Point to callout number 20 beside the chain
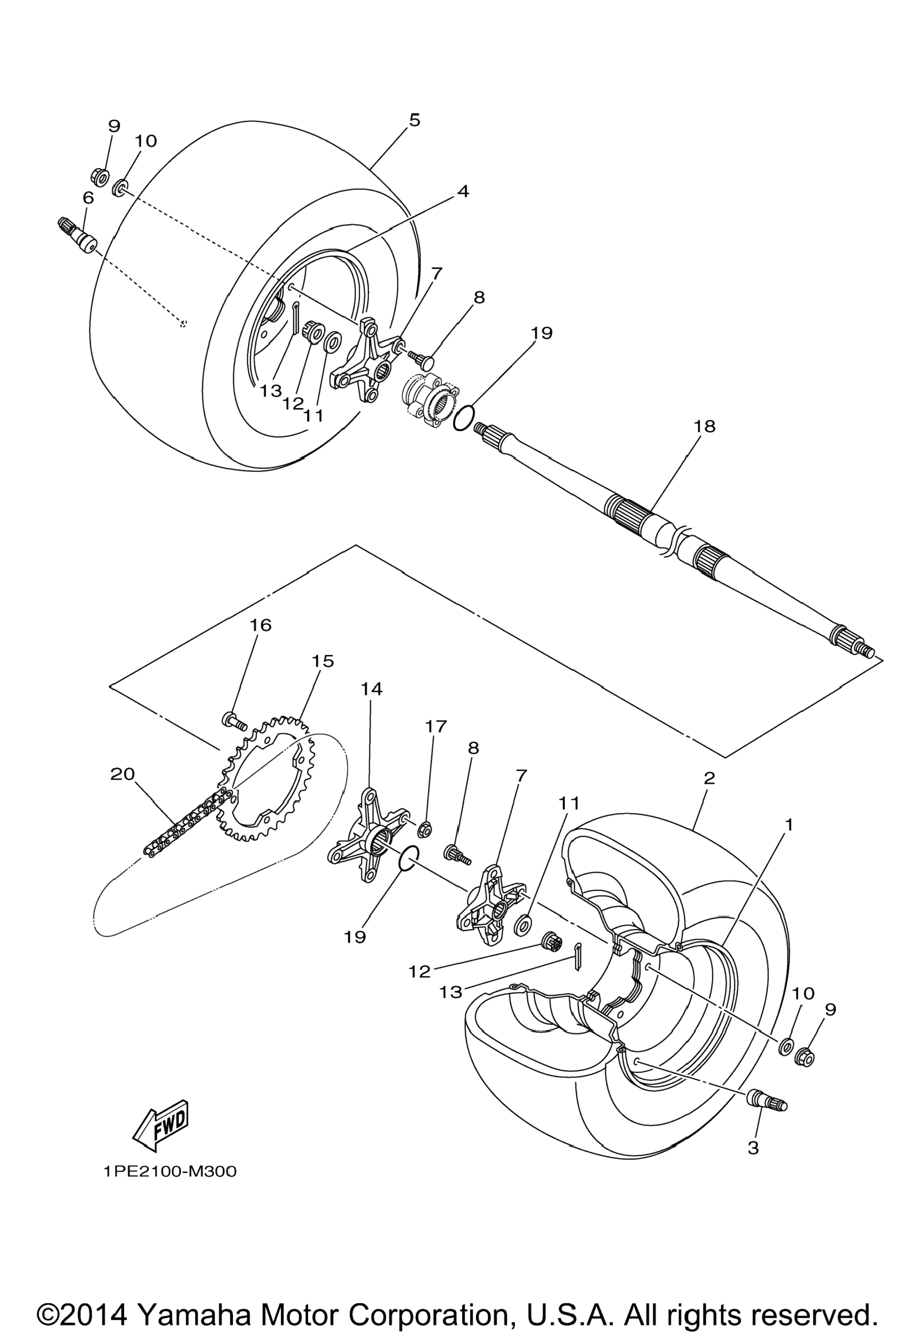tap(122, 774)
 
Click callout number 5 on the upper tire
tap(415, 120)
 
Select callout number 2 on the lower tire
tap(709, 778)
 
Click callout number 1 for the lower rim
tap(789, 825)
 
